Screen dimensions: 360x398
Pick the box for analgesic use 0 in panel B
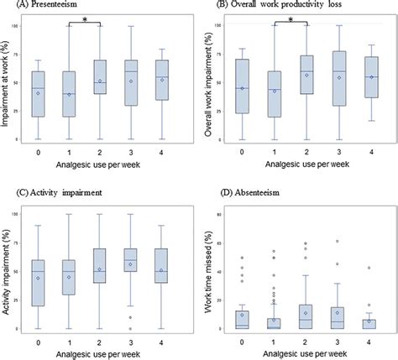(242, 86)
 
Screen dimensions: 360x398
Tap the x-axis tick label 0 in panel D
(242, 342)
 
